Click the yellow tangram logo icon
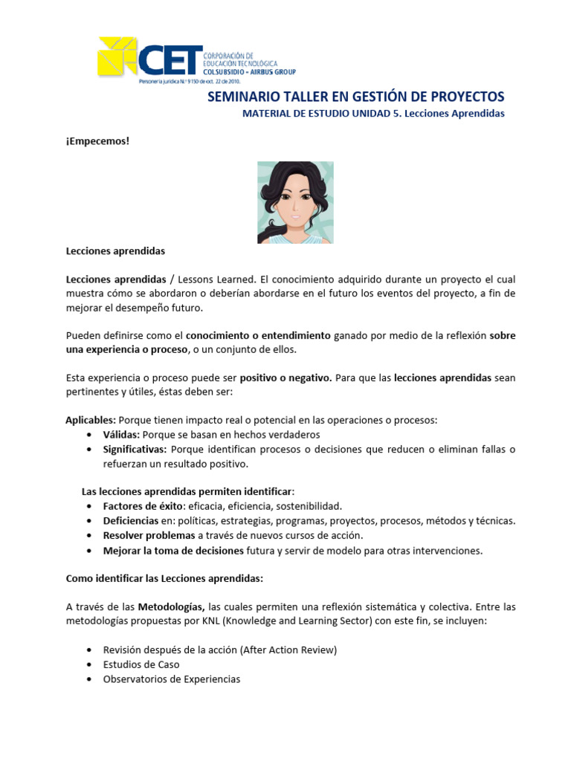click(117, 56)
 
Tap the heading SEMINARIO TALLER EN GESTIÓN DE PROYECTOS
click(355, 97)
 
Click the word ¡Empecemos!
click(97, 140)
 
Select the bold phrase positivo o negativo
click(285, 378)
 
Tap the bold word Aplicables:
click(91, 420)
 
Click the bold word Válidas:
click(121, 434)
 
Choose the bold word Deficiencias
click(131, 520)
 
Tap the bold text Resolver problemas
click(149, 535)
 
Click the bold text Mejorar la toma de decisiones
click(173, 551)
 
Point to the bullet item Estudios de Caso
click(141, 664)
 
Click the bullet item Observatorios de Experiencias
click(172, 679)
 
